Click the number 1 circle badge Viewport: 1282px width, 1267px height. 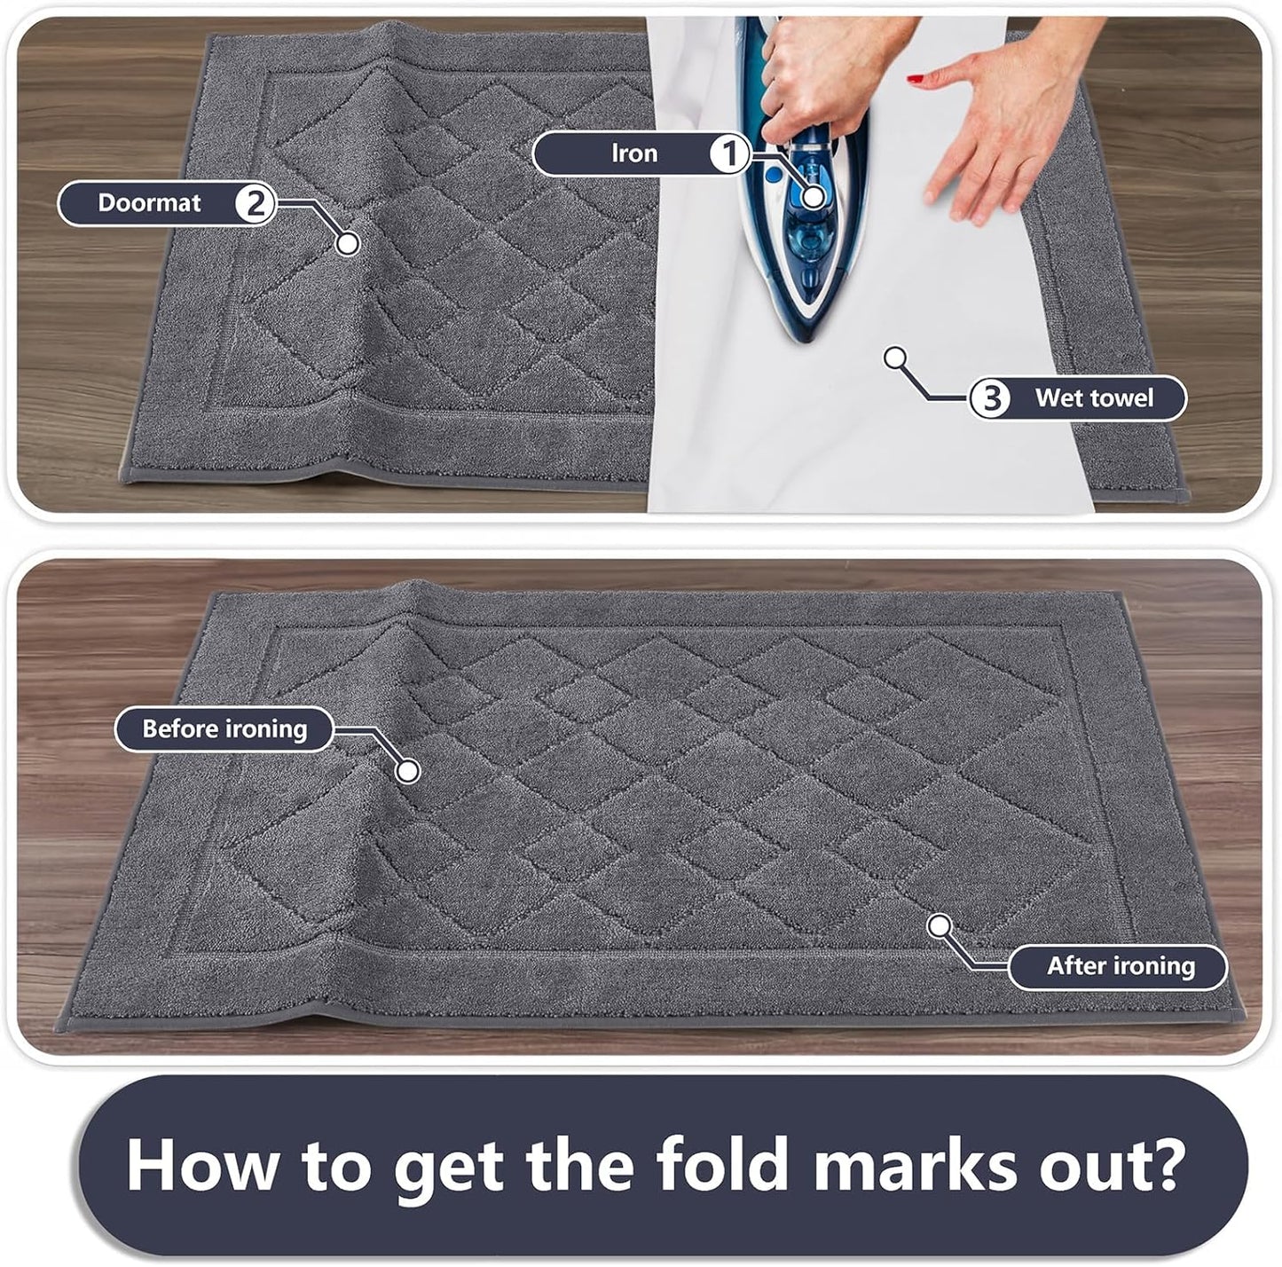[729, 154]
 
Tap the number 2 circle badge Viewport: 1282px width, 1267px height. [255, 203]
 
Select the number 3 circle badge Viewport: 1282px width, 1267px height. [988, 398]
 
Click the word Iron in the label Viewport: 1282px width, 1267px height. [634, 153]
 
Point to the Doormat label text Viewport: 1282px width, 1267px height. [149, 203]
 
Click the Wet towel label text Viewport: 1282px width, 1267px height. [1094, 398]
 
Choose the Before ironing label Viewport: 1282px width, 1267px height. [224, 729]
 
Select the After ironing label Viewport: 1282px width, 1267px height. [1121, 965]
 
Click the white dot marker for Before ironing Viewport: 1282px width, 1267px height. [407, 771]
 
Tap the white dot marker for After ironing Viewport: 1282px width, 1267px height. [939, 926]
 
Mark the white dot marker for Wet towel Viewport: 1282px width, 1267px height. [896, 358]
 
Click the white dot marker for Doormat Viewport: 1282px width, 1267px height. [348, 242]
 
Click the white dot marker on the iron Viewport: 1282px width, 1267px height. [813, 197]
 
